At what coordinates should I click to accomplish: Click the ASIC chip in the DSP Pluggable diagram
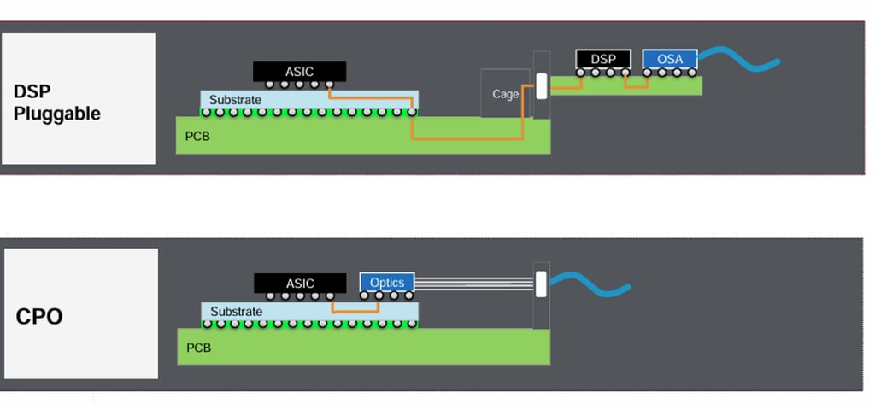click(299, 72)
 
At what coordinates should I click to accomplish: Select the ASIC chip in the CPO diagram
click(300, 283)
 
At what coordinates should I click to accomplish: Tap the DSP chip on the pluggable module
click(603, 59)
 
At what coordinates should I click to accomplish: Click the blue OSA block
click(670, 59)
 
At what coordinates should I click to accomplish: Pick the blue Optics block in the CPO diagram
click(387, 283)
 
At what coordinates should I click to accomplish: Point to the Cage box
click(505, 93)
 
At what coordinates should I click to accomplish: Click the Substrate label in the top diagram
click(235, 100)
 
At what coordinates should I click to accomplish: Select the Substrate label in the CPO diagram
click(236, 312)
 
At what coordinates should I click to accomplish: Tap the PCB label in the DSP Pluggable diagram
click(197, 136)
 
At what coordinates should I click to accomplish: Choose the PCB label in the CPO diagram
click(198, 348)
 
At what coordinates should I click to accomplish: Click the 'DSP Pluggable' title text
click(56, 102)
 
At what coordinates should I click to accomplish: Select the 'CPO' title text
click(39, 317)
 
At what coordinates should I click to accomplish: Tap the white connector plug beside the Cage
click(541, 85)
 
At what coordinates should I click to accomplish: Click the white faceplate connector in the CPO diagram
click(541, 284)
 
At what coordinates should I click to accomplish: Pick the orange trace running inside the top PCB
click(466, 138)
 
